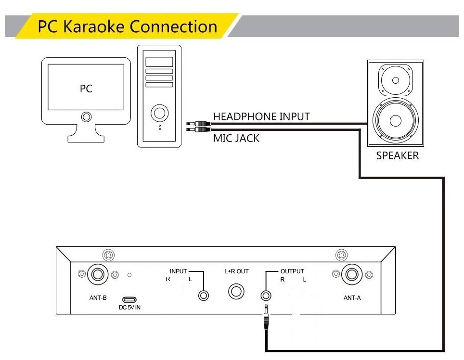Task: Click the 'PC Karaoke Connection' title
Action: click(128, 26)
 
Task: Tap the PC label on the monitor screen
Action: click(86, 89)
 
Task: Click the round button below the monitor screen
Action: click(86, 116)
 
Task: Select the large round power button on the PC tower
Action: click(159, 114)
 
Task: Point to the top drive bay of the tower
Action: click(159, 62)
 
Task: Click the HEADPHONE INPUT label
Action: click(261, 116)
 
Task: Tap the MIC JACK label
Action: click(236, 139)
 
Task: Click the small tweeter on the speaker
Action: click(395, 80)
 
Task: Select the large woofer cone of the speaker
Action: click(395, 120)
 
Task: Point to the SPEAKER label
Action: click(397, 156)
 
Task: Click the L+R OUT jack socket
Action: click(236, 291)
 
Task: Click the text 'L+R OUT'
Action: click(236, 271)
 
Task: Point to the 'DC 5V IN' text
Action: click(129, 308)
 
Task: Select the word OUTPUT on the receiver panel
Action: click(292, 271)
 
